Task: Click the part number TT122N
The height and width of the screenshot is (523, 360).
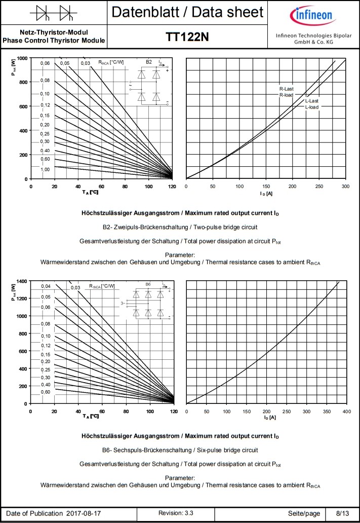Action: [x=187, y=37]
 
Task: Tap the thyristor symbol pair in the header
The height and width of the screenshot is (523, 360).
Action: [x=54, y=12]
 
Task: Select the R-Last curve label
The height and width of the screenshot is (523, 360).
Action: [x=286, y=89]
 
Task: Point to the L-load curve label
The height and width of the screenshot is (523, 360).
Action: [x=311, y=107]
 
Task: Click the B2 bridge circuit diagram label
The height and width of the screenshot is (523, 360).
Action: [x=148, y=62]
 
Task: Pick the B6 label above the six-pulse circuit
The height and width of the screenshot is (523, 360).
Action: [x=148, y=285]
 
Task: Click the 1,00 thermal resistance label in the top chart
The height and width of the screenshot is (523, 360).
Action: [x=45, y=169]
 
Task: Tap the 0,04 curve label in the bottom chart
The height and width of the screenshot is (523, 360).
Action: [x=46, y=287]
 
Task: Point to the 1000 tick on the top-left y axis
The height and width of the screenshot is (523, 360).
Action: [x=21, y=58]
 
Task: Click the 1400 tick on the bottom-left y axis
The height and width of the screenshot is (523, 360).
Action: [x=21, y=281]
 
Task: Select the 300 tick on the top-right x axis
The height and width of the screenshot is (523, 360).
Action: [x=345, y=186]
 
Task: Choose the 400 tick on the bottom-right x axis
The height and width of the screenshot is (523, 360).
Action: [x=346, y=411]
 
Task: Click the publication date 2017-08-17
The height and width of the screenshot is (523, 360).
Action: [x=84, y=513]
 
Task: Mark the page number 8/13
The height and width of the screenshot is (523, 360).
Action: [x=342, y=513]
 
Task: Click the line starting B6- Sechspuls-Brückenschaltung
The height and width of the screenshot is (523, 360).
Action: [x=180, y=450]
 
